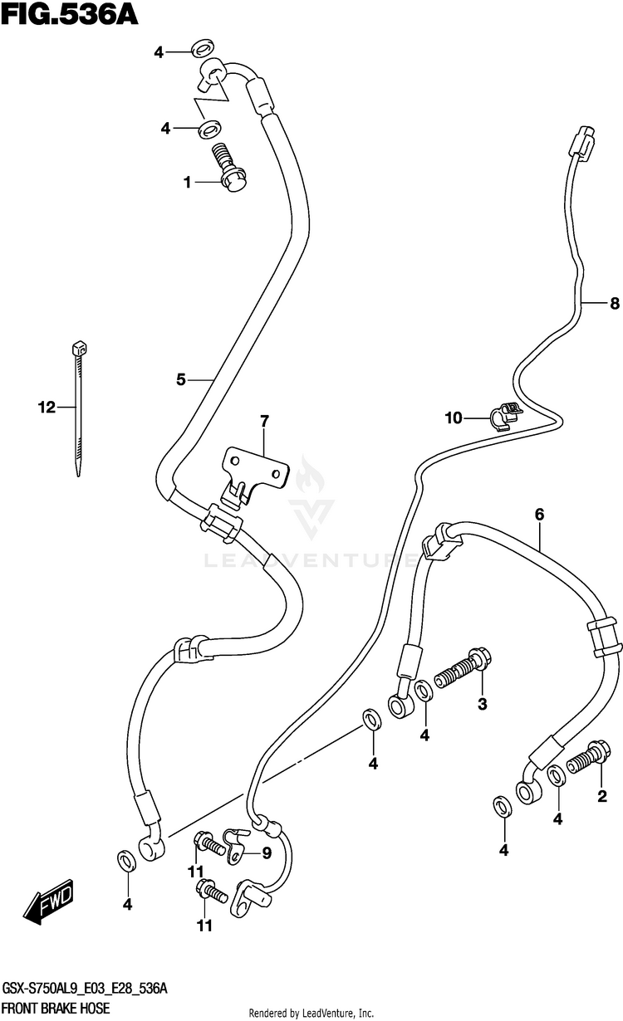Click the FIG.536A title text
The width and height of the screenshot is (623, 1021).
pos(68,14)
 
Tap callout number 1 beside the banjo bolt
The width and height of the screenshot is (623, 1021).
pos(188,182)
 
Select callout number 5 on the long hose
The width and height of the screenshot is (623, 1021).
pos(180,379)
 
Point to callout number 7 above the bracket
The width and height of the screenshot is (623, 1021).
pos(264,423)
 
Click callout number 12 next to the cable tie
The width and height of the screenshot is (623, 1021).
pos(46,407)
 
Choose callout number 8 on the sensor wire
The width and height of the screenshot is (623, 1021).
pos(614,304)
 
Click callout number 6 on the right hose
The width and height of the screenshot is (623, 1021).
pos(539,515)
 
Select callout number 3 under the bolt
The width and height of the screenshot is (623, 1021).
pos(480,705)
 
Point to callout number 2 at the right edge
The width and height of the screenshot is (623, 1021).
pos(603,798)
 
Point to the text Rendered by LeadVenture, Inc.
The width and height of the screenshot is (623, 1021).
pos(311,1014)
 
